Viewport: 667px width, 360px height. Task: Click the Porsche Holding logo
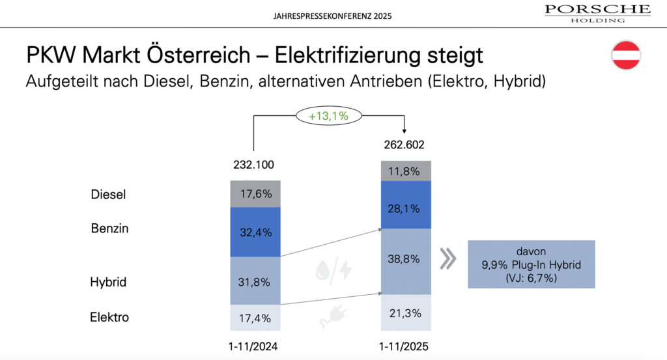tap(597, 12)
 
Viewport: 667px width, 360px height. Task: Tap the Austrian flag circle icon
tap(627, 55)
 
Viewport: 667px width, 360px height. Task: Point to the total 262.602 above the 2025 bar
tap(406, 145)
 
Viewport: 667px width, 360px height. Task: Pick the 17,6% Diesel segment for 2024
tap(255, 193)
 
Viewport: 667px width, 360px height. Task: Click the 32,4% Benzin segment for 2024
tap(255, 232)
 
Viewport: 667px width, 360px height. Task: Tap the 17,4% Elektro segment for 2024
tap(255, 318)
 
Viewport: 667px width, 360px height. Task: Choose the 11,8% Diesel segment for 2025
tap(406, 171)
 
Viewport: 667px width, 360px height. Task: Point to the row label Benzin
tap(110, 228)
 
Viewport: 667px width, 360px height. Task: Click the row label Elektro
tap(109, 318)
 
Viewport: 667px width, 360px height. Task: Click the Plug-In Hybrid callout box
tap(532, 264)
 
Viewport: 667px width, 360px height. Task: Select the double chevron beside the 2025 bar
tap(447, 258)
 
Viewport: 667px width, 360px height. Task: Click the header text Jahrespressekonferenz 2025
tap(333, 14)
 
